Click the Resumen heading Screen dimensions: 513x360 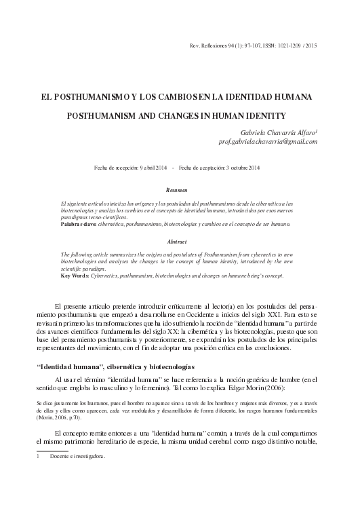tap(180, 191)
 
